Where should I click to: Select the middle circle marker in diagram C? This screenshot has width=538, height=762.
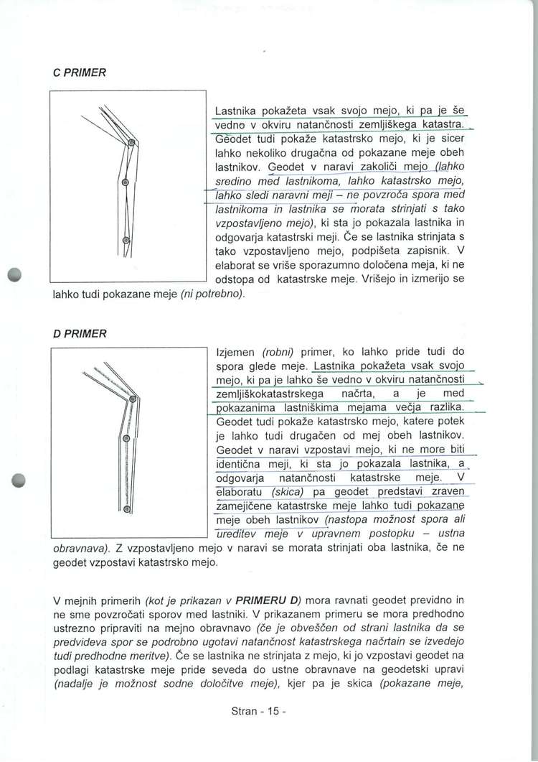[125, 182]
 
